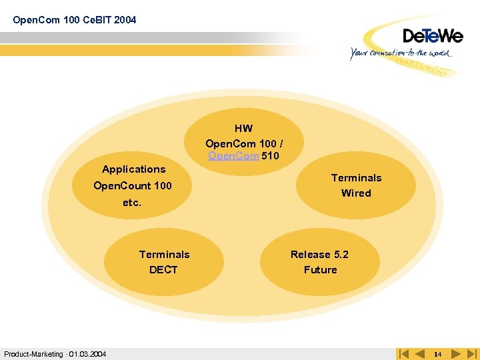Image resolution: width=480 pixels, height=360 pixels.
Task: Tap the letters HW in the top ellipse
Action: click(x=243, y=128)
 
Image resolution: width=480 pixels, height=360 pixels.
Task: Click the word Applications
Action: click(x=133, y=169)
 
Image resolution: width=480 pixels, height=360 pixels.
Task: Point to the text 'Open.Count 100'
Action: click(x=133, y=186)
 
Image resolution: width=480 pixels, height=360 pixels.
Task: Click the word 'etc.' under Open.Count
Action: click(x=132, y=203)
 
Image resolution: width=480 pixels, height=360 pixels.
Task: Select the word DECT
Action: click(x=163, y=270)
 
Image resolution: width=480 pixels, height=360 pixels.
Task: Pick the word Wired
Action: click(x=356, y=193)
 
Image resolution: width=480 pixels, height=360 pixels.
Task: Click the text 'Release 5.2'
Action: click(x=319, y=255)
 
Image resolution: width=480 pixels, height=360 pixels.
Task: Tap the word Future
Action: click(x=320, y=270)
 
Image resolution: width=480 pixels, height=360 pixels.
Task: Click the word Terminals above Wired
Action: click(x=357, y=178)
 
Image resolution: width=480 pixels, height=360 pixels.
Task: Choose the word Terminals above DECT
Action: click(x=164, y=255)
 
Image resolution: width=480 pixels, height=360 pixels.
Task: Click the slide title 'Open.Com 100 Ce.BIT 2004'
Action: click(x=75, y=20)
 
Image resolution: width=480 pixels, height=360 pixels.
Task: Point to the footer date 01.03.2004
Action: click(x=87, y=354)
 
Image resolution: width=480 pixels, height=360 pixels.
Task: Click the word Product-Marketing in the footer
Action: click(x=33, y=354)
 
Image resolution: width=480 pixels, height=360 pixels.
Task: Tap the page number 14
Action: click(x=437, y=354)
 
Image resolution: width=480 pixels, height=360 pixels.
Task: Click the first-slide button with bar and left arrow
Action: click(x=403, y=354)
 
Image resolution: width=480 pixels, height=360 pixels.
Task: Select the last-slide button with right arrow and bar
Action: click(x=472, y=354)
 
